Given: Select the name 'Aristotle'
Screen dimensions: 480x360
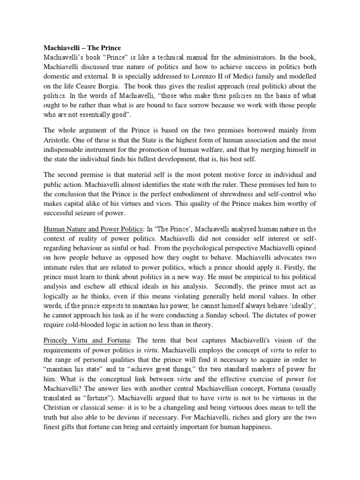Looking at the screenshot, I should (59, 140).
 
